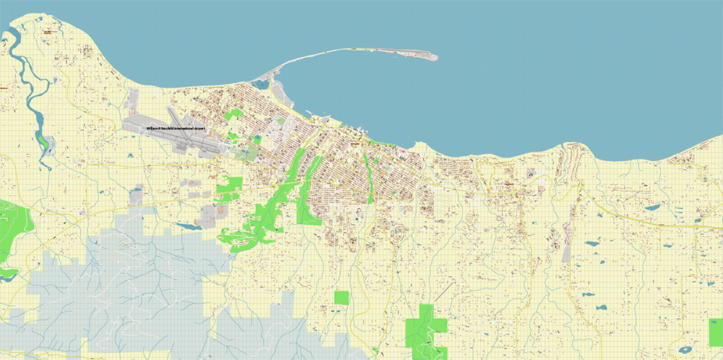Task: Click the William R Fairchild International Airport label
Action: click(176, 128)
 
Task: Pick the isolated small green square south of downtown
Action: click(341, 297)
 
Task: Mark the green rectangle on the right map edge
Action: click(715, 332)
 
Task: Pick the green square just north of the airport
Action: click(234, 114)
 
